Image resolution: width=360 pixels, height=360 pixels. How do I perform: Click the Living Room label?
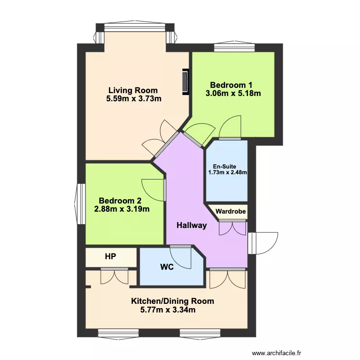pyautogui.click(x=133, y=90)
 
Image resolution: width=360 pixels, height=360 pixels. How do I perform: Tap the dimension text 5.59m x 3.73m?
pyautogui.click(x=133, y=99)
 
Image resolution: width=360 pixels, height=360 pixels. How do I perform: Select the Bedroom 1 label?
pyautogui.click(x=233, y=85)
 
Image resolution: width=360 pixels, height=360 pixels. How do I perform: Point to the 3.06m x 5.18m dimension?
pyautogui.click(x=233, y=94)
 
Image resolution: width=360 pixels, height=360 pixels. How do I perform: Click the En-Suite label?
pyautogui.click(x=227, y=166)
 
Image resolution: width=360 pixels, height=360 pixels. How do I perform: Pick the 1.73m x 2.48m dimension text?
pyautogui.click(x=227, y=172)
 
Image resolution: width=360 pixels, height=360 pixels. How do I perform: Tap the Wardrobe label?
pyautogui.click(x=230, y=211)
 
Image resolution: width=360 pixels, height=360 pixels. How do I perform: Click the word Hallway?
pyautogui.click(x=191, y=225)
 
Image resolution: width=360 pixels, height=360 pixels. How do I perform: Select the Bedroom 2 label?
pyautogui.click(x=120, y=201)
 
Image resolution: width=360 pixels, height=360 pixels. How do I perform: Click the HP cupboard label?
pyautogui.click(x=110, y=257)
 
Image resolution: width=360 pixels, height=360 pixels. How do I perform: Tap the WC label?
pyautogui.click(x=167, y=267)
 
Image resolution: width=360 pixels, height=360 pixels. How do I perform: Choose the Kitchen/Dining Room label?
pyautogui.click(x=172, y=301)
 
